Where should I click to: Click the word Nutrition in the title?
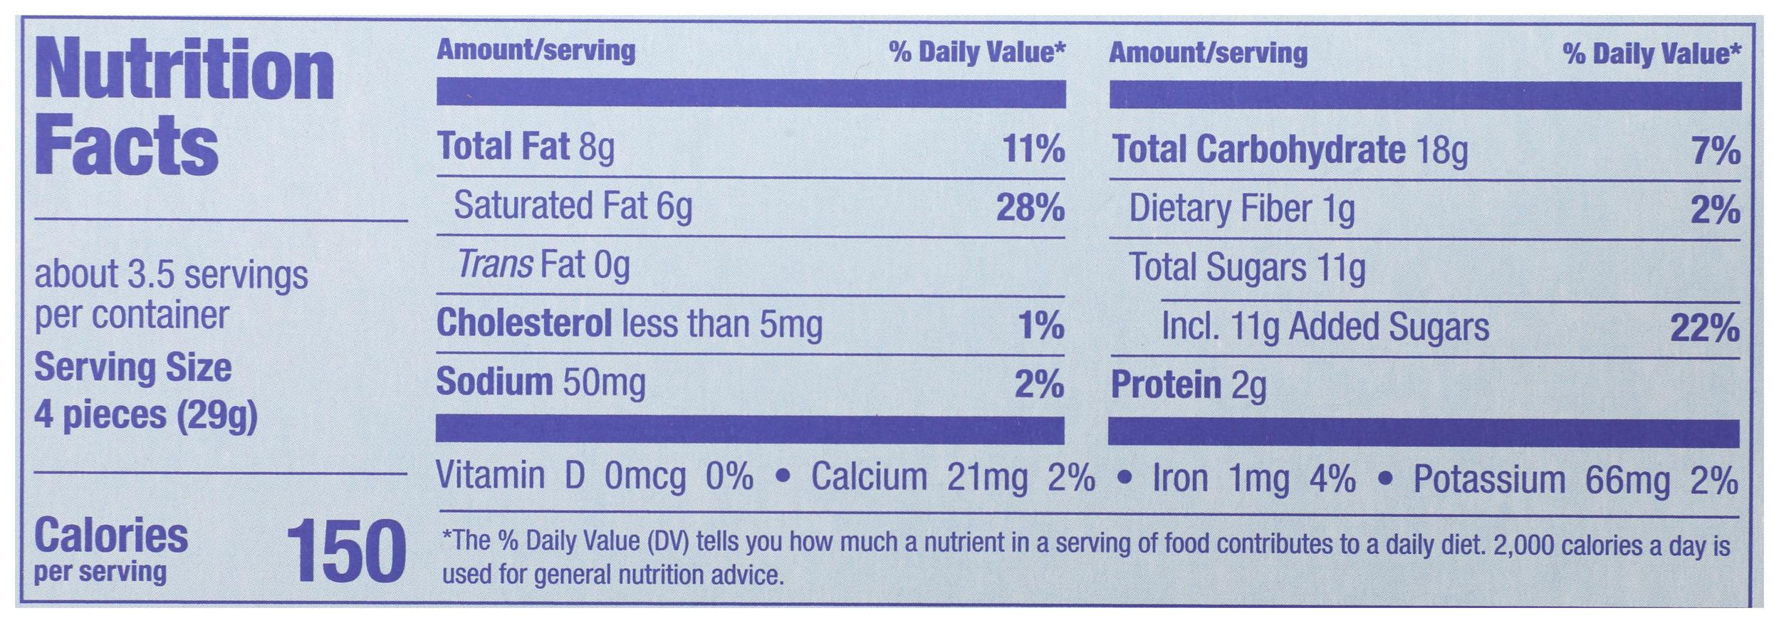[x=184, y=74]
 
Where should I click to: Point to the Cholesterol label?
[x=523, y=324]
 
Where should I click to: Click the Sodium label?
[x=494, y=382]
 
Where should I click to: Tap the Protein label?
[x=1167, y=386]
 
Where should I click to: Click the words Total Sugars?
[x=1218, y=268]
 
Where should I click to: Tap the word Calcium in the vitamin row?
[x=869, y=478]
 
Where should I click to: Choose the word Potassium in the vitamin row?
[x=1489, y=480]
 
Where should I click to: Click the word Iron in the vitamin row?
[x=1180, y=478]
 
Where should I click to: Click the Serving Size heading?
[x=133, y=368]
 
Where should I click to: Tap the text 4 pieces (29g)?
[x=145, y=414]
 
